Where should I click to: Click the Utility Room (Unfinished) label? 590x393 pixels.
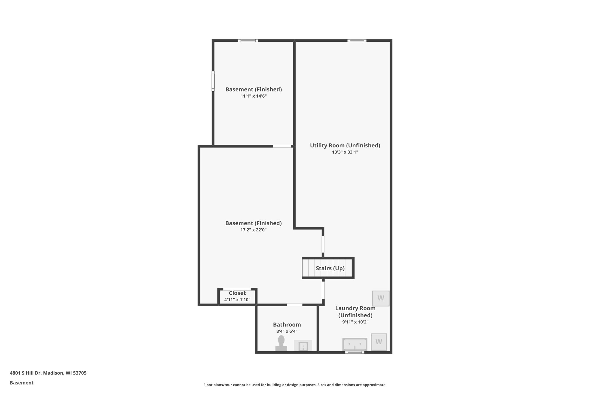pyautogui.click(x=345, y=145)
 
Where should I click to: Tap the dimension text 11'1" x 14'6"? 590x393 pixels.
pyautogui.click(x=254, y=96)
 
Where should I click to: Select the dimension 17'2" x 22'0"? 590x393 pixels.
pyautogui.click(x=254, y=230)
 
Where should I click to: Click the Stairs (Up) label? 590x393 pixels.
pyautogui.click(x=330, y=268)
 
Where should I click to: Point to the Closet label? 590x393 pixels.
pyautogui.click(x=237, y=293)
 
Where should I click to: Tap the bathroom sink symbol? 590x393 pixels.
pyautogui.click(x=303, y=346)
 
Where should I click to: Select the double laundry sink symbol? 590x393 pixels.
pyautogui.click(x=355, y=344)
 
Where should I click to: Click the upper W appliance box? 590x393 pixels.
pyautogui.click(x=381, y=298)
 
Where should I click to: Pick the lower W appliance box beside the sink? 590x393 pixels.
pyautogui.click(x=379, y=342)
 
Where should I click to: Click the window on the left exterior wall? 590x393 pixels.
pyautogui.click(x=213, y=81)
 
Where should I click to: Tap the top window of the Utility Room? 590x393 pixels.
pyautogui.click(x=357, y=41)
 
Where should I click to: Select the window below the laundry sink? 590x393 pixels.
pyautogui.click(x=355, y=352)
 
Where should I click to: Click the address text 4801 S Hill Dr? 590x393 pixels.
pyautogui.click(x=48, y=373)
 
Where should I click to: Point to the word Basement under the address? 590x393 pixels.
pyautogui.click(x=22, y=383)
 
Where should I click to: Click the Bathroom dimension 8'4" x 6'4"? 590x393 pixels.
pyautogui.click(x=287, y=331)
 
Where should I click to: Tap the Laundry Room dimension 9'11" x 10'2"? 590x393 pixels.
pyautogui.click(x=355, y=322)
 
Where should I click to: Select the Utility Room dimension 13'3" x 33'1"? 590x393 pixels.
pyautogui.click(x=345, y=152)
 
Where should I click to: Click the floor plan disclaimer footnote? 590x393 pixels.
pyautogui.click(x=295, y=385)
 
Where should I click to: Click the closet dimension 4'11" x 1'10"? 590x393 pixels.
pyautogui.click(x=237, y=300)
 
